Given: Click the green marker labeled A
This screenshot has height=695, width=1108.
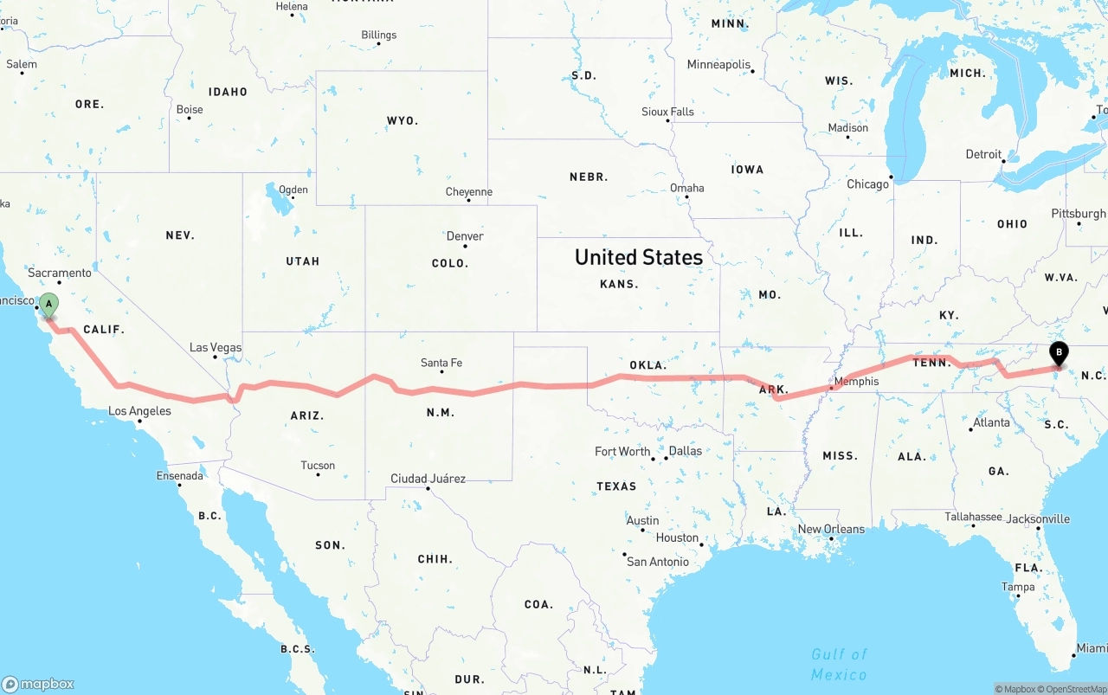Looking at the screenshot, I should click(x=49, y=305).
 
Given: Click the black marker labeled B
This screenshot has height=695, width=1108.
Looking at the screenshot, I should click(x=1058, y=353).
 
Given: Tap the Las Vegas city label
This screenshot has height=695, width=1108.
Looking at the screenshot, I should click(x=216, y=348).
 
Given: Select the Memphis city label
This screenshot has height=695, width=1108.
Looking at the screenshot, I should click(x=856, y=382).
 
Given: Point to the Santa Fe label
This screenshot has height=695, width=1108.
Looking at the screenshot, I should click(x=441, y=363).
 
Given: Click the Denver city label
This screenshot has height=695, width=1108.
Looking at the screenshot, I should click(x=465, y=236).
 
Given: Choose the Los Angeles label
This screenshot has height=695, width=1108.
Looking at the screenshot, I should click(x=139, y=411).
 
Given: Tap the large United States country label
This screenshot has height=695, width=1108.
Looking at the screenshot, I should click(x=639, y=257).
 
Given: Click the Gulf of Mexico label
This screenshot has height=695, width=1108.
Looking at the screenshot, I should click(x=839, y=664).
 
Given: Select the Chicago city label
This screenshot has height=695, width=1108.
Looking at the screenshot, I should click(x=867, y=184).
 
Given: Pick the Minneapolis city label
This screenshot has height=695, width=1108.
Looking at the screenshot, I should click(x=718, y=65).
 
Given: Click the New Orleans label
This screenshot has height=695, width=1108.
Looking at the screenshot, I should click(x=831, y=529).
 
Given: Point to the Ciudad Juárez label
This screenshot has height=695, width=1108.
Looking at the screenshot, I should click(x=428, y=479).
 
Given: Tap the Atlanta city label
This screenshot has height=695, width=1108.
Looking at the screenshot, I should click(x=991, y=423).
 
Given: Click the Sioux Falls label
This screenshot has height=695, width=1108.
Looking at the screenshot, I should click(x=667, y=112).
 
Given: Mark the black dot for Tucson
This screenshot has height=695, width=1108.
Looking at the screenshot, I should click(x=318, y=474).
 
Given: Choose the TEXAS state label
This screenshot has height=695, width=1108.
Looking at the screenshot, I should click(x=616, y=486).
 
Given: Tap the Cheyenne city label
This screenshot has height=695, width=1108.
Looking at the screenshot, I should click(x=468, y=192).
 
